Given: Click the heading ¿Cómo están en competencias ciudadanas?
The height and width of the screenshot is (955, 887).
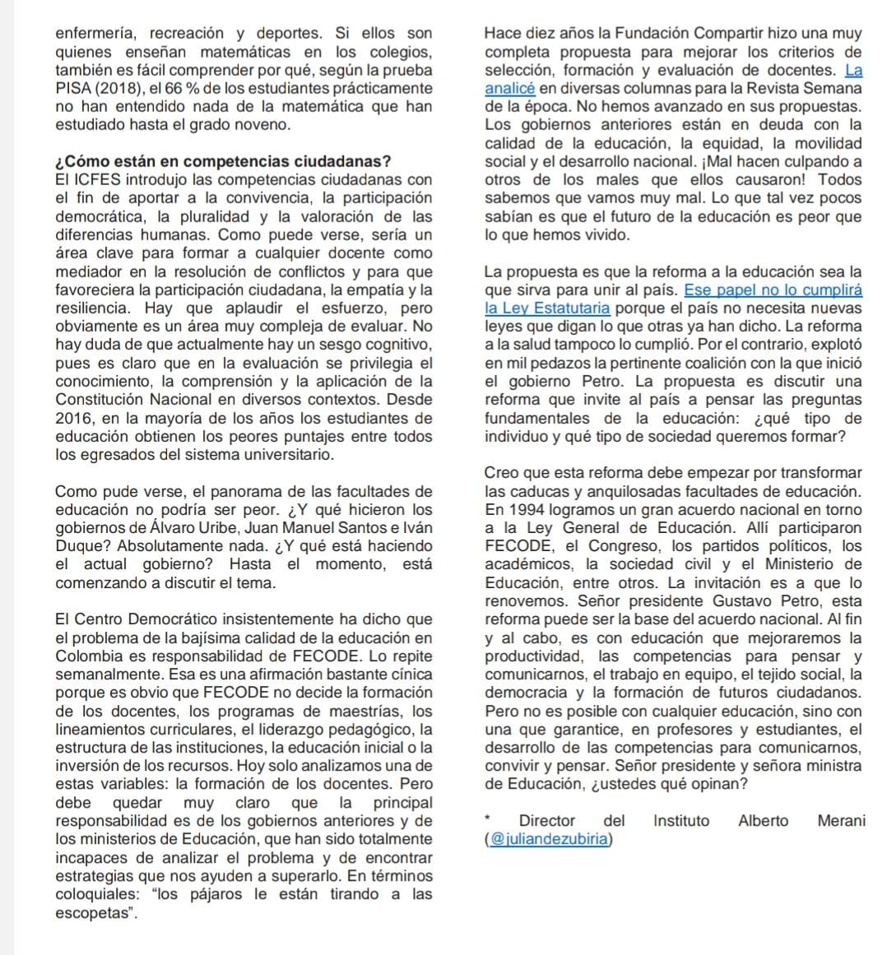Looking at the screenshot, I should click(223, 161).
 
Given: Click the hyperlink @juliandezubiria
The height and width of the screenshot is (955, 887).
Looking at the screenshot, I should click(550, 839).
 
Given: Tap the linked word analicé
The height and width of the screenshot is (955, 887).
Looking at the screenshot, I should click(510, 88).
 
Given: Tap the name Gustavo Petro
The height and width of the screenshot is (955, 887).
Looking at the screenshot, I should click(763, 601).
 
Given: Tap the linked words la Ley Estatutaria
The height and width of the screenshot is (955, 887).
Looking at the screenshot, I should click(547, 308).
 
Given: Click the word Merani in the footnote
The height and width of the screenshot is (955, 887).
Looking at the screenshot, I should click(841, 821).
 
